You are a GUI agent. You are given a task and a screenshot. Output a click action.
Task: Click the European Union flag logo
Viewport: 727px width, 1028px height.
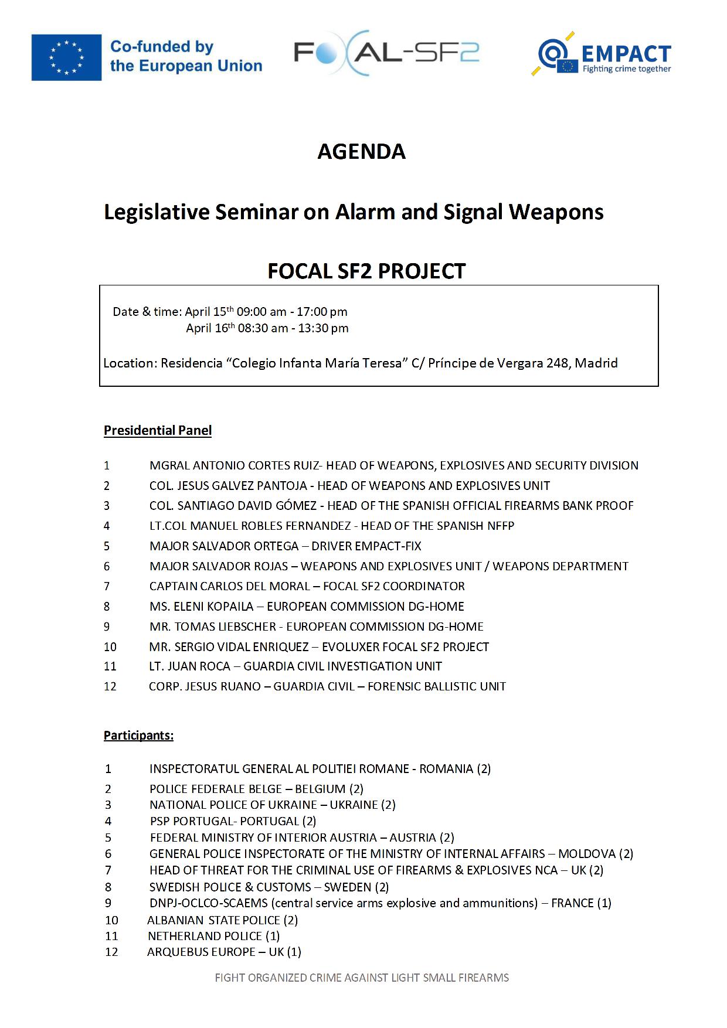(66, 57)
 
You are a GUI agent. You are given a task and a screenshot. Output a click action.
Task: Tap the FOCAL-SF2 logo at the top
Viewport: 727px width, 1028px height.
(386, 53)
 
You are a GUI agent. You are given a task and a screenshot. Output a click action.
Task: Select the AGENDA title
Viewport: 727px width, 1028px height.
(361, 151)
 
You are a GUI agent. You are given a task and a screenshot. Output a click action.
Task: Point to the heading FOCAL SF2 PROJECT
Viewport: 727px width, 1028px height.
(366, 271)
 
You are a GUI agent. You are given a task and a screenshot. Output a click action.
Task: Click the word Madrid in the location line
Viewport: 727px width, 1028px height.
(596, 363)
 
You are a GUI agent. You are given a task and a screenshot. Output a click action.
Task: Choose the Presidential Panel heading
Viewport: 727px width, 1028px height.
(158, 430)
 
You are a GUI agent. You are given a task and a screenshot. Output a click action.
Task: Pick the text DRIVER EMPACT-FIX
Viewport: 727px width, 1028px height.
(366, 546)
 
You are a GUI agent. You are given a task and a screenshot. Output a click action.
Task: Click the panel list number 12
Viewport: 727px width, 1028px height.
(110, 686)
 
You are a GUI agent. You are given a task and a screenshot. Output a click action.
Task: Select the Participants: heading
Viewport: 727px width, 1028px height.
(138, 735)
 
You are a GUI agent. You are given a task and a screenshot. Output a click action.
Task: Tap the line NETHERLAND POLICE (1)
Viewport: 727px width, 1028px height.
(213, 936)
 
